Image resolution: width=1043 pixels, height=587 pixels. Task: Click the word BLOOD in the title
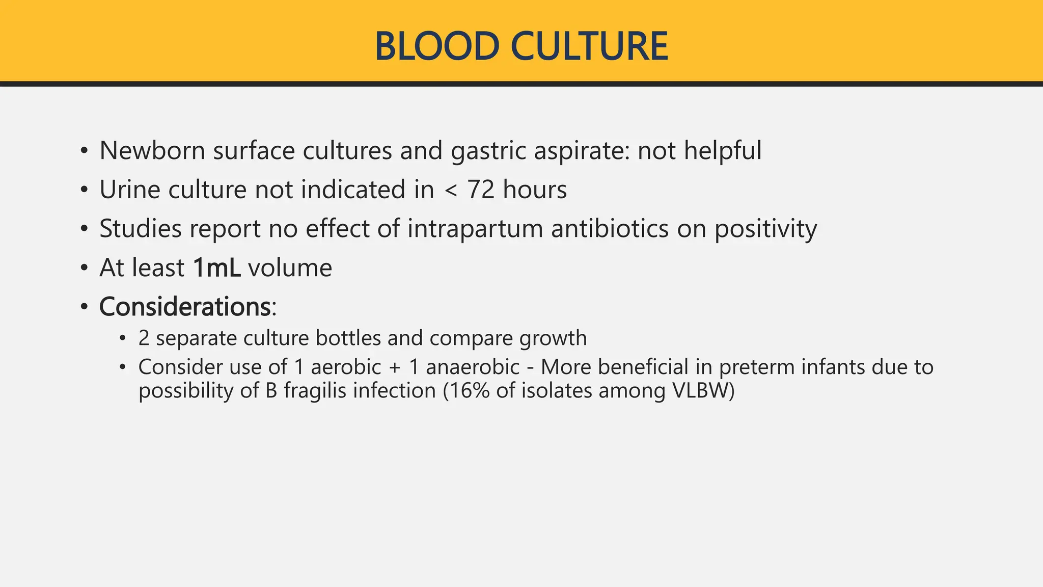click(436, 46)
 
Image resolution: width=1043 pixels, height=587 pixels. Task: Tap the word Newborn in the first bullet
click(152, 151)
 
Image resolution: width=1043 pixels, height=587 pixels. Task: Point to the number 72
click(481, 190)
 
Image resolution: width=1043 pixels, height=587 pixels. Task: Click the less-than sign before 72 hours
click(451, 191)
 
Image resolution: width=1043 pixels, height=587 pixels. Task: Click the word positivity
click(765, 229)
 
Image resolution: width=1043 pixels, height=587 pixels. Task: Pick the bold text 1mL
click(216, 268)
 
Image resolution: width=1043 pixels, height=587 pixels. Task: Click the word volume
click(290, 268)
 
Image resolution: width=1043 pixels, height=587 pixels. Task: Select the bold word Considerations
click(185, 307)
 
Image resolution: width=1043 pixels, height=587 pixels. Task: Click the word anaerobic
click(473, 367)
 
